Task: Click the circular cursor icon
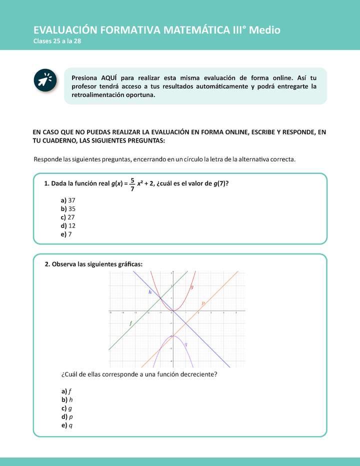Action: (45, 81)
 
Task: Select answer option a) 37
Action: (68, 200)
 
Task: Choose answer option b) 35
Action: (68, 208)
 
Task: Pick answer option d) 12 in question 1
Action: (68, 225)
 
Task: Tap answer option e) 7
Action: (66, 234)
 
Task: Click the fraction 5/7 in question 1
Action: (132, 184)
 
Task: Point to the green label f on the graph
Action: (130, 323)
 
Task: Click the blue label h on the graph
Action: (150, 291)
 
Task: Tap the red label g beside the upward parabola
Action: (192, 287)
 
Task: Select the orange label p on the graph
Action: (203, 303)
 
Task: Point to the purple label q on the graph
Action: (186, 344)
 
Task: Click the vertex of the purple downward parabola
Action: (172, 335)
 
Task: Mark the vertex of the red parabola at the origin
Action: (172, 311)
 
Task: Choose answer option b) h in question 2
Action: (67, 399)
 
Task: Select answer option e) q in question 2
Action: (67, 425)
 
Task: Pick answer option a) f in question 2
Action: (67, 391)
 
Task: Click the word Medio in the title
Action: (264, 30)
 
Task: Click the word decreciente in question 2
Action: (197, 374)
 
